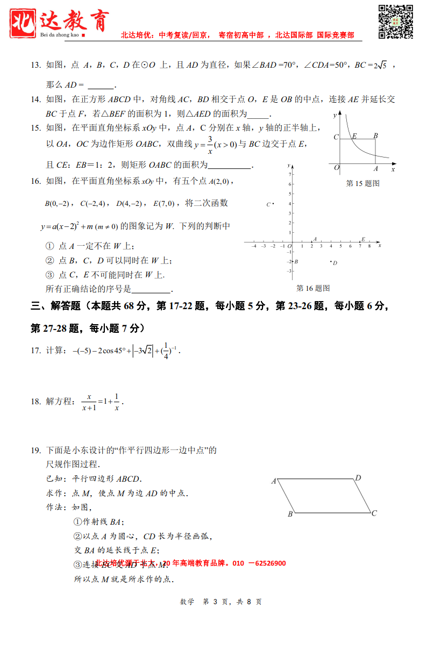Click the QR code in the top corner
click(395, 22)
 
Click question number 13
click(35, 65)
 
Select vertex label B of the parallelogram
click(290, 515)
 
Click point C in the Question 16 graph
click(273, 204)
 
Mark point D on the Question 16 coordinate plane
click(331, 262)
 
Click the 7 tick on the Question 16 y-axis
click(290, 175)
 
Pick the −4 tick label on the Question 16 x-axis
click(254, 246)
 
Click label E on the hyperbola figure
click(354, 136)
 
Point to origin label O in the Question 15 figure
click(337, 168)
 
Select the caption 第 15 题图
click(363, 183)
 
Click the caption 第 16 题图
click(313, 288)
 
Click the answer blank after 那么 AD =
click(101, 85)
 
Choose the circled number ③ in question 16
click(49, 275)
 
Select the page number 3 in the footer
click(215, 602)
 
